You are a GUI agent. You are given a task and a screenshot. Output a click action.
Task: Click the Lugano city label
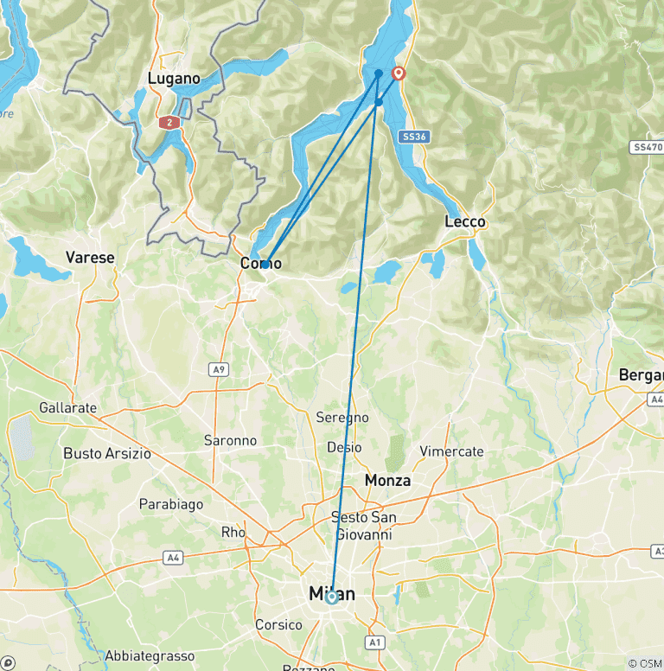coord(174,79)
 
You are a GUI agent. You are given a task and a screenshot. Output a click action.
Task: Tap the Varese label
coord(90,258)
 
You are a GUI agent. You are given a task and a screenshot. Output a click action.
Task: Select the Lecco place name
coord(465,222)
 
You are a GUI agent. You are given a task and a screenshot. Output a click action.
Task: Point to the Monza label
coord(387,480)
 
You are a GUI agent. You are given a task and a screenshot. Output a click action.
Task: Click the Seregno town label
coord(343,418)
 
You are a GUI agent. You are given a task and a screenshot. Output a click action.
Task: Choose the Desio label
coord(344,447)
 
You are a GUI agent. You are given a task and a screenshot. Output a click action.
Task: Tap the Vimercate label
coord(451,451)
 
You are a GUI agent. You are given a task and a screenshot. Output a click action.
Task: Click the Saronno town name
coord(230,440)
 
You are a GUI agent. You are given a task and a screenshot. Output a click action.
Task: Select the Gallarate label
coord(68,407)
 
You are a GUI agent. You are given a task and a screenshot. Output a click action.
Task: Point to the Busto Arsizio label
coord(107,453)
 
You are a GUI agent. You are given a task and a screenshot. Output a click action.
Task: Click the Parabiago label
coord(171,503)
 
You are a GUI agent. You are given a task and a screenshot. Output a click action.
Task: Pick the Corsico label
coord(278,624)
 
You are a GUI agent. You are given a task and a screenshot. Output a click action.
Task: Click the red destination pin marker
coord(399,73)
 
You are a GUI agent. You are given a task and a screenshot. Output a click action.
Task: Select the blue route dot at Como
coord(265,264)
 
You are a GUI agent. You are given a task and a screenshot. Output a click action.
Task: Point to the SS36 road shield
coord(415,137)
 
